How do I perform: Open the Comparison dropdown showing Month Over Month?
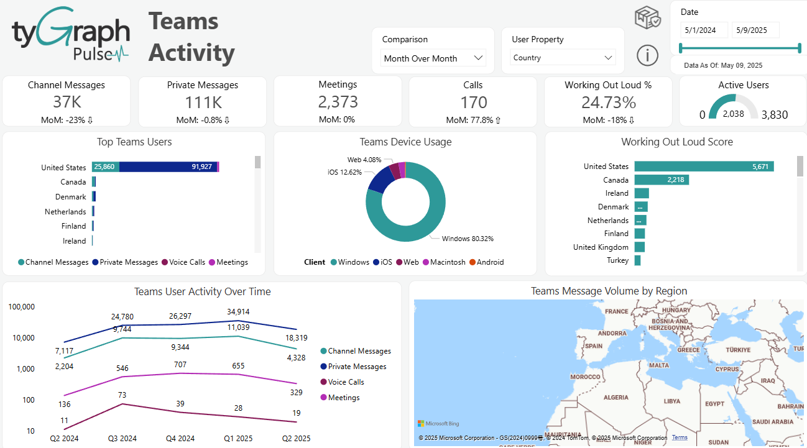433,58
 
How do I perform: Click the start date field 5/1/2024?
703,30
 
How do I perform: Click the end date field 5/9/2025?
755,30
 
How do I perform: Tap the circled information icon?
647,55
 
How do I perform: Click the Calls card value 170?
473,103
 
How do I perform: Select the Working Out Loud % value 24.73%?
608,103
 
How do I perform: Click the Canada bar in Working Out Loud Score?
662,180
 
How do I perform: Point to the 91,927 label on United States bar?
202,167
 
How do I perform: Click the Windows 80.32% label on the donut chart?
467,239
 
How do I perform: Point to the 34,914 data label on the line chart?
239,311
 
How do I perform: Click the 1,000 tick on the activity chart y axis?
25,369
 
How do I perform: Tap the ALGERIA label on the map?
616,398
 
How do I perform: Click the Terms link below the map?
680,437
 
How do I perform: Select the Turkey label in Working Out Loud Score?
617,260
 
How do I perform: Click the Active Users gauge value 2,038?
734,114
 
